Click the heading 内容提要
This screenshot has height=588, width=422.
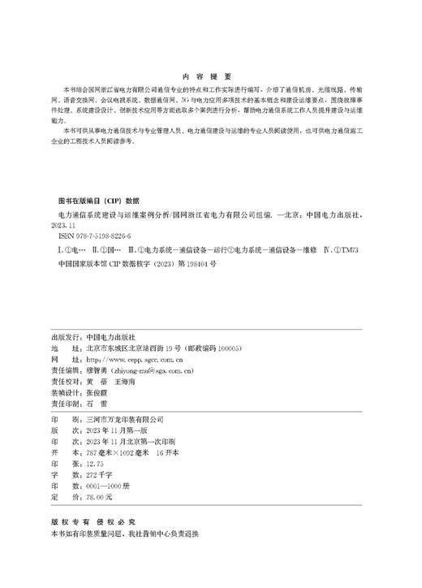pos(210,71)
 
